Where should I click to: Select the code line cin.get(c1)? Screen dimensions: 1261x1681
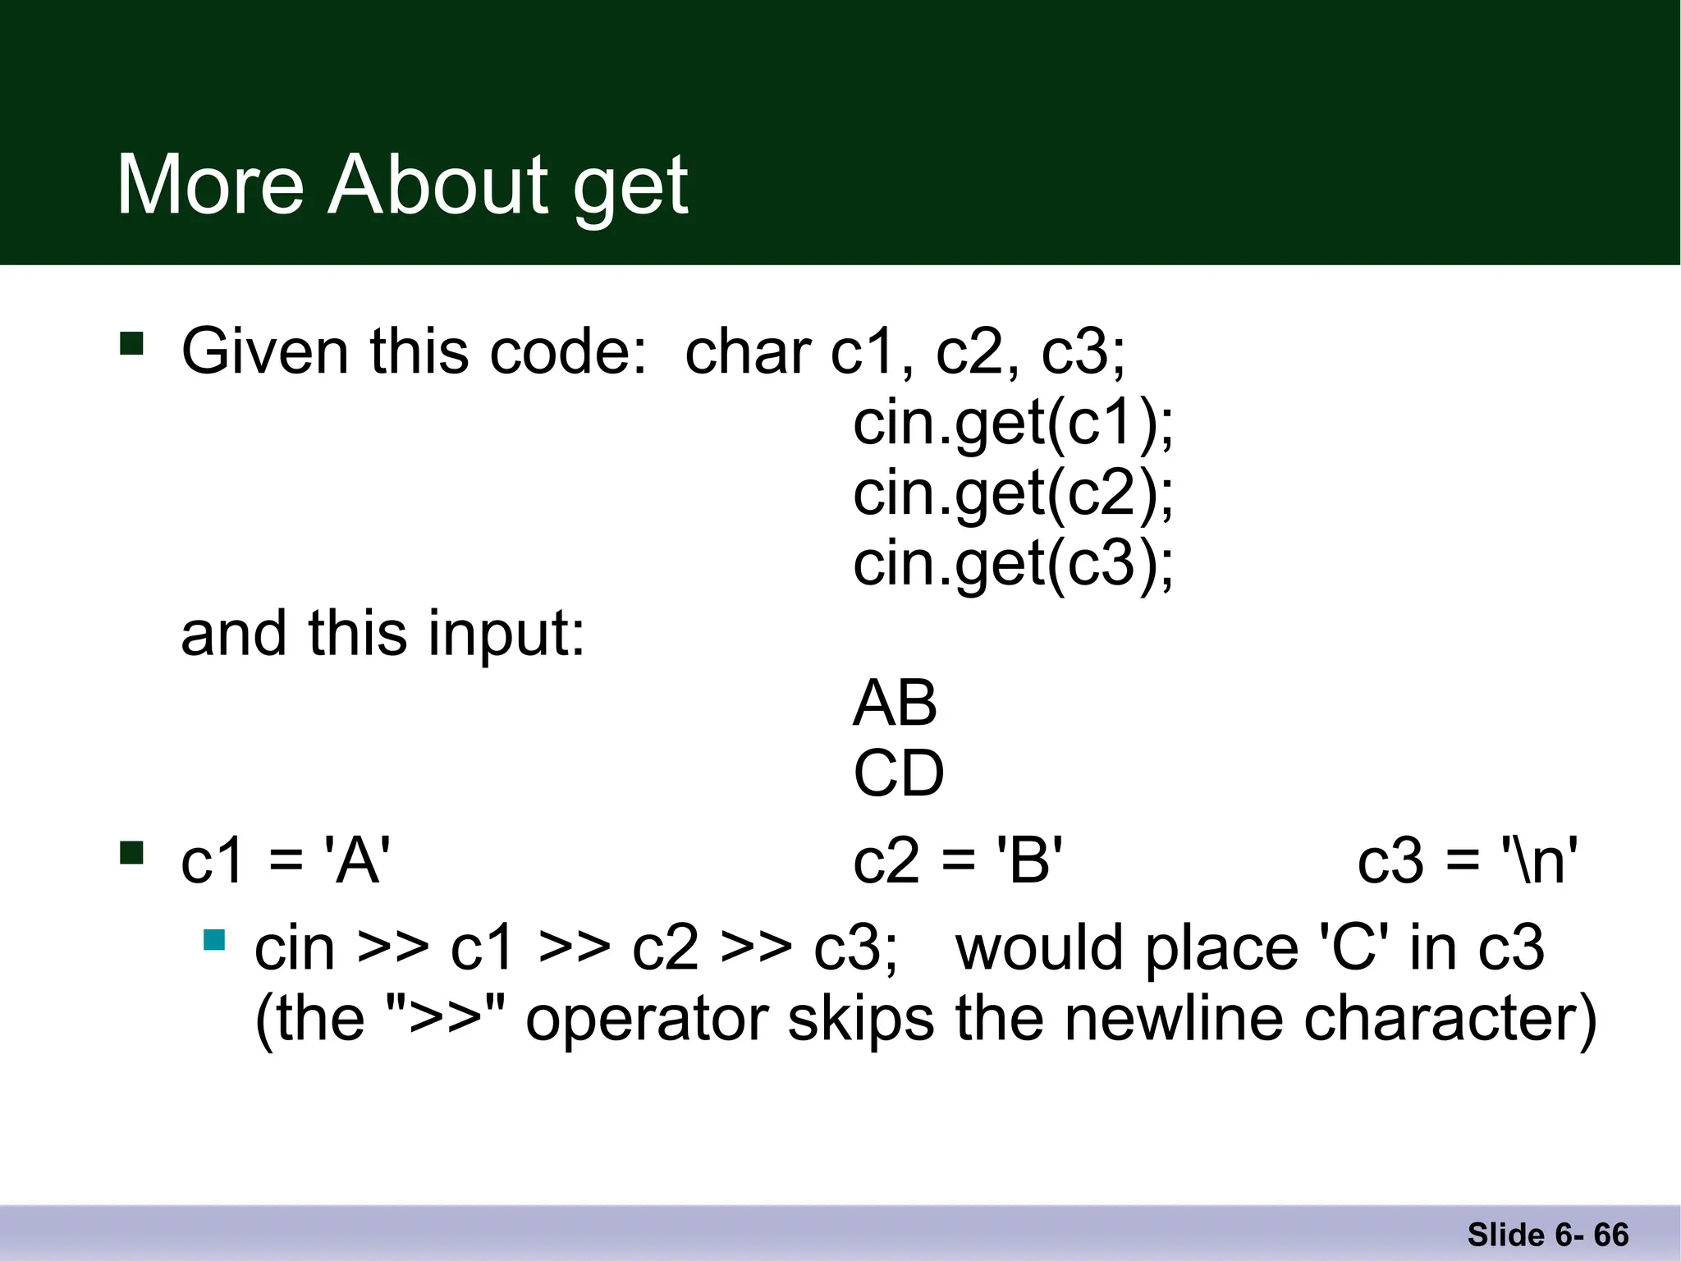coord(1013,424)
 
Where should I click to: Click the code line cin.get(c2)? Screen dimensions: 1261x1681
coord(1013,494)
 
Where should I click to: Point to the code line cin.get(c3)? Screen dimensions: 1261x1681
coord(1013,565)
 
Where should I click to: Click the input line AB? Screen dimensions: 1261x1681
coord(895,704)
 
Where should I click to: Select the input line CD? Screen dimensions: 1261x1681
coord(899,774)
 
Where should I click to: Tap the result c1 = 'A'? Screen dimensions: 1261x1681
coord(285,862)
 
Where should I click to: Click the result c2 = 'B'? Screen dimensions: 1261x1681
coord(958,862)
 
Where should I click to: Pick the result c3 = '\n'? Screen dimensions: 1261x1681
coord(1467,862)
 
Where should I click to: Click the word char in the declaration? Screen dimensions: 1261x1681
coord(748,352)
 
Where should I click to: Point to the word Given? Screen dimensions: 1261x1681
coord(265,352)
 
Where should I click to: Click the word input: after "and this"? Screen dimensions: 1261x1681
coord(506,635)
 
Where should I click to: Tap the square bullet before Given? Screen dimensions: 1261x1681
coord(131,343)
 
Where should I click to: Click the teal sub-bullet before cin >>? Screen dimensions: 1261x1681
coord(214,939)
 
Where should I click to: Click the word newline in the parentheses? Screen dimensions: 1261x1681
coord(1175,1020)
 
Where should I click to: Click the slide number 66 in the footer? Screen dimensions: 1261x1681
coord(1611,1235)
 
